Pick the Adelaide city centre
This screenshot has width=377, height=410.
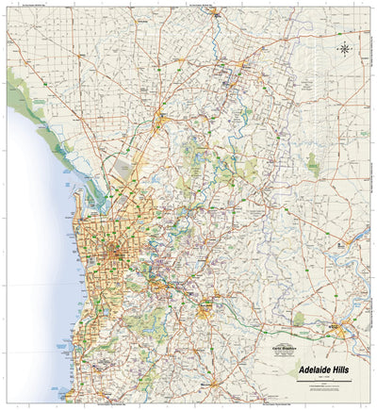(117, 252)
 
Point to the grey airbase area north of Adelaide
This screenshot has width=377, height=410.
(122, 170)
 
